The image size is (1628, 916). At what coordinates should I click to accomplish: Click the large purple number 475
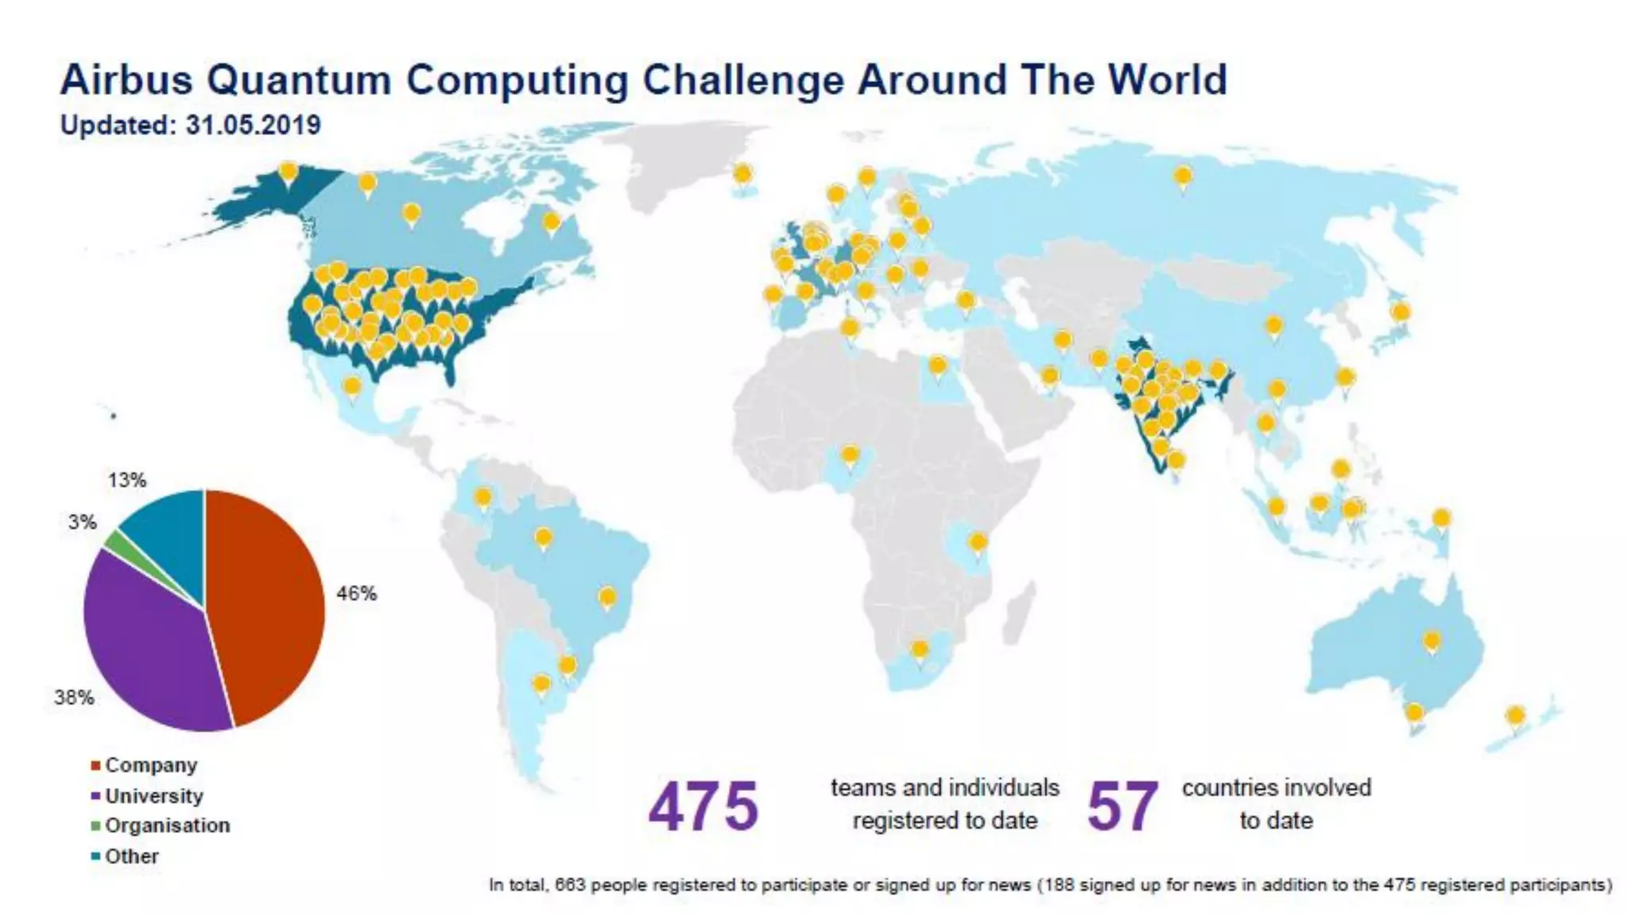click(704, 806)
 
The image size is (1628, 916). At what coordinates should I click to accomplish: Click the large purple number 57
click(1122, 806)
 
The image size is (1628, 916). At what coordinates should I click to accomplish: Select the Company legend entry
click(150, 765)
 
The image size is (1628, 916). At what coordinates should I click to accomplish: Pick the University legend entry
click(153, 796)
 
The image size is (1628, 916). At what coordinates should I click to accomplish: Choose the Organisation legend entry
click(167, 825)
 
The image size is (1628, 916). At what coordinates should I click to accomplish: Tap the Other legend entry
click(131, 856)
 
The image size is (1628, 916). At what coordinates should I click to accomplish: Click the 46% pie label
click(356, 593)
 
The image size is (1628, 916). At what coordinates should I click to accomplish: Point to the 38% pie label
click(74, 697)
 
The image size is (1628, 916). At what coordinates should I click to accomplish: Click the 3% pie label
click(82, 522)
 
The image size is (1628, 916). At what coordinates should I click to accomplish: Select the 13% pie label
click(127, 480)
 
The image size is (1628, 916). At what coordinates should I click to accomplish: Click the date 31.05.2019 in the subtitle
click(253, 125)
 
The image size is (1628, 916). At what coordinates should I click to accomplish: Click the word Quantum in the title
click(298, 80)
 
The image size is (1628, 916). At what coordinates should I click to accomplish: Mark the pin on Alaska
click(289, 172)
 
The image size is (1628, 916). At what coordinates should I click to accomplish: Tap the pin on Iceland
click(742, 173)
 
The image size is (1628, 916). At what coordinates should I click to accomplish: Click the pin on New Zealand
click(1515, 716)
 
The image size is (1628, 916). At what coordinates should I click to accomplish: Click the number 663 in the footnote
click(570, 885)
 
